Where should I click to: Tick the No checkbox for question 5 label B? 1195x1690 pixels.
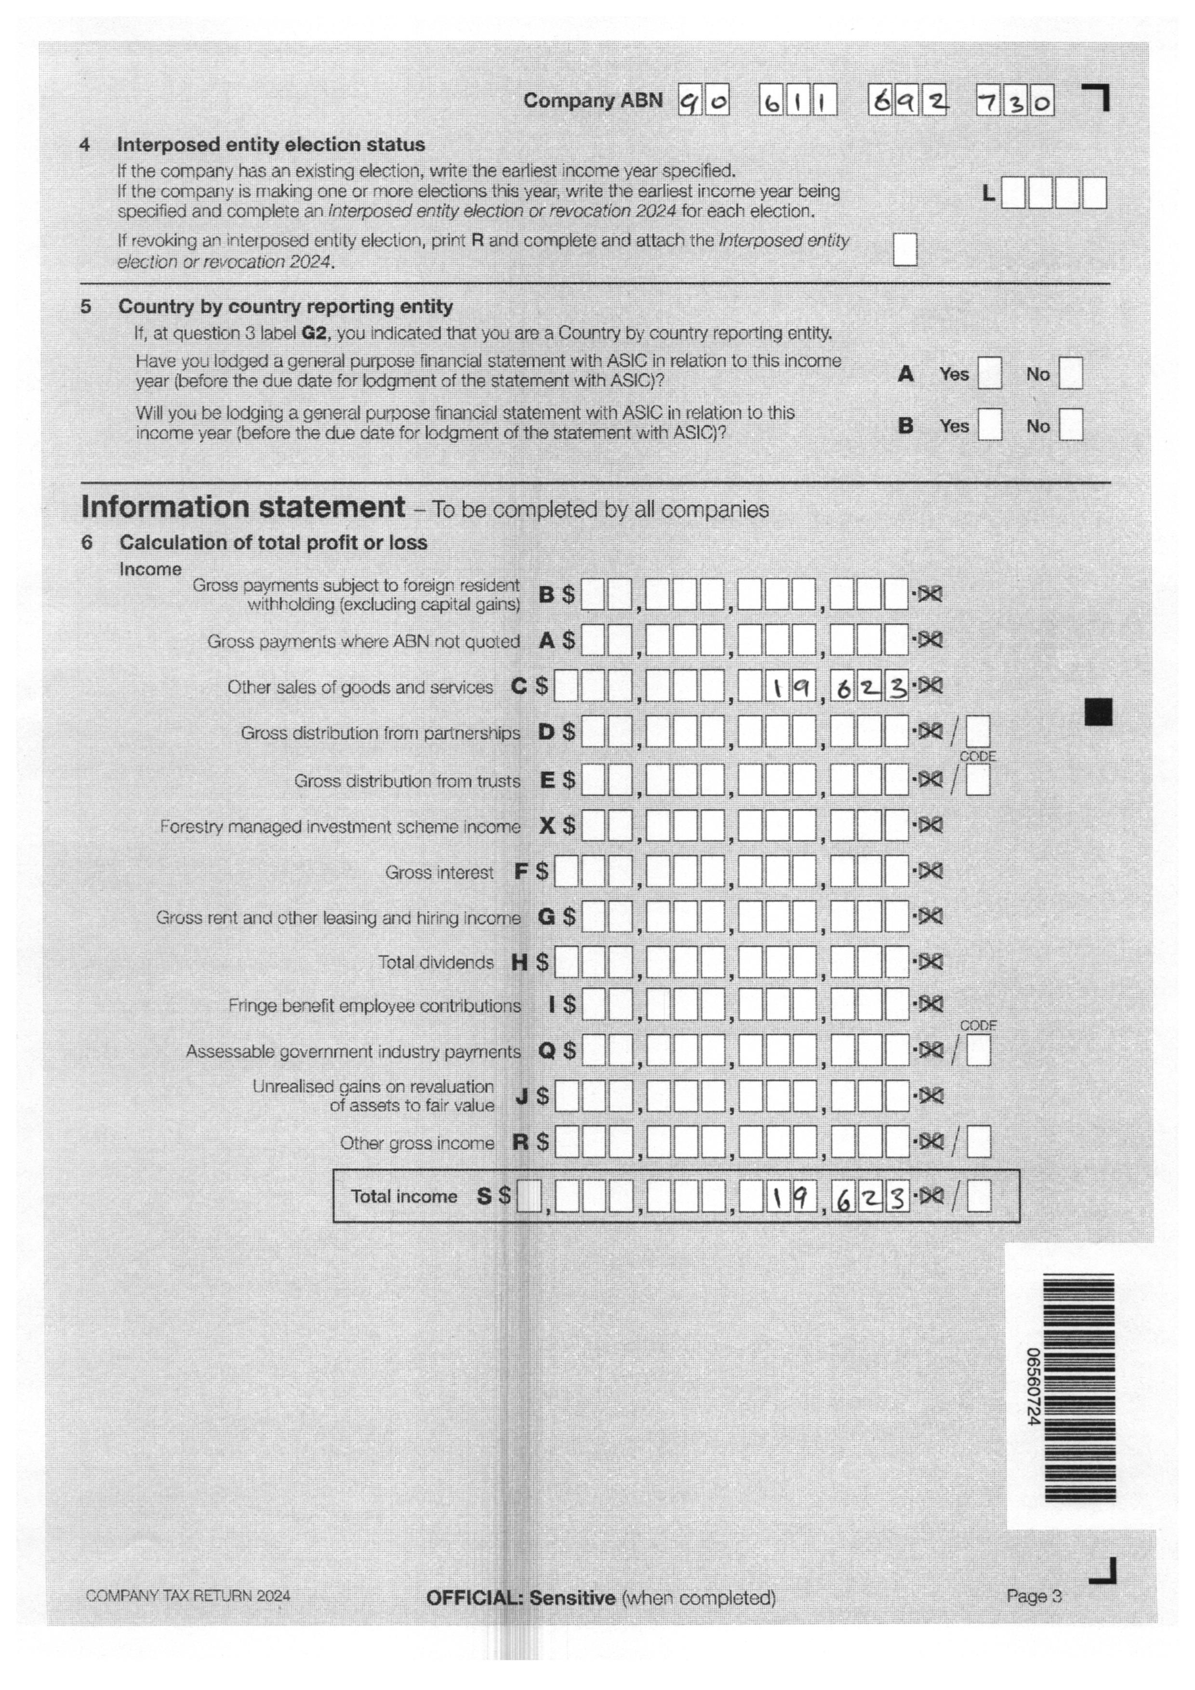[1071, 426]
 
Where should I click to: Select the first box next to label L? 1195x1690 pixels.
[1013, 194]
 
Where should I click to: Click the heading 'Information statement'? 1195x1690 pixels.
[243, 507]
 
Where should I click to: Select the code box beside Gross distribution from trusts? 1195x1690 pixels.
[978, 780]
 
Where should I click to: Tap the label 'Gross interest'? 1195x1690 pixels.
[439, 872]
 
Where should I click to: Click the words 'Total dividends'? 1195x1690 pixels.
[436, 962]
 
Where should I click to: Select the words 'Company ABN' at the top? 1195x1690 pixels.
[593, 101]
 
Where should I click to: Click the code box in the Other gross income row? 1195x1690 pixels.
[978, 1143]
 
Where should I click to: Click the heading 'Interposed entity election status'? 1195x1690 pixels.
[271, 144]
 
